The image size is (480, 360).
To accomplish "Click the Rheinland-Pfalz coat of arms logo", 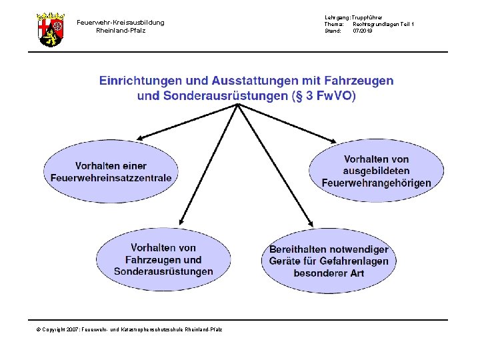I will tap(50, 29).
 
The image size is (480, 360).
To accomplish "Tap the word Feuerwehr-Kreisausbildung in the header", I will tap(120, 23).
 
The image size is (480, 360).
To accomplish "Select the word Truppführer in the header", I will tap(367, 17).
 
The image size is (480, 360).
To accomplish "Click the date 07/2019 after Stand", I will tap(363, 31).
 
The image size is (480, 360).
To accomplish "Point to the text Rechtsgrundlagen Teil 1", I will tap(383, 24).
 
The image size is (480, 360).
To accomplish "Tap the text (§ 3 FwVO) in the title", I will tap(325, 96).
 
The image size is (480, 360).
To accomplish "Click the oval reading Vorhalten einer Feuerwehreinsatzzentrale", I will tap(111, 172).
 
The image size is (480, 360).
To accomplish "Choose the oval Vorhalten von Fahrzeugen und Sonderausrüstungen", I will tap(163, 259).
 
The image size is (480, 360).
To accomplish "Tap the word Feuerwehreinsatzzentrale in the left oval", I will tap(111, 178).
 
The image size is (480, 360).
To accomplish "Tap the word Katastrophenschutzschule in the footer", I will tap(149, 330).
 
